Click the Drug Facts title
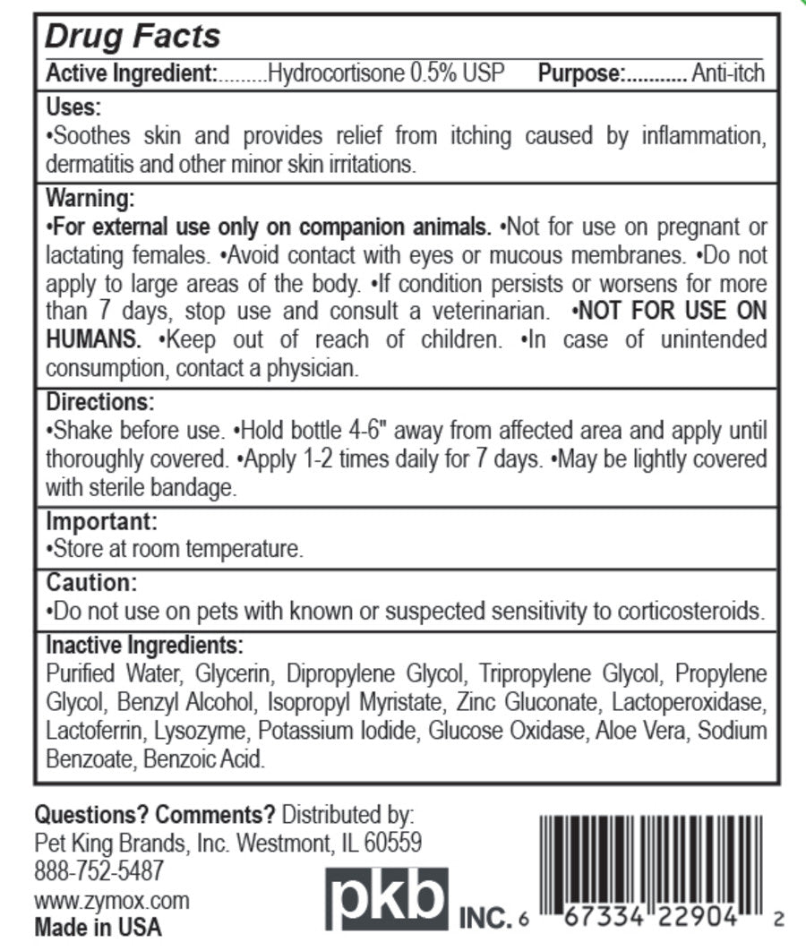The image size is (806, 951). coord(133,38)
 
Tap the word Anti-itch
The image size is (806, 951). coord(728,73)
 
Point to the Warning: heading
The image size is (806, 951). coord(90,196)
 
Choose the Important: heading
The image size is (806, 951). coord(101,519)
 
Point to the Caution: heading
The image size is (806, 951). coord(90,583)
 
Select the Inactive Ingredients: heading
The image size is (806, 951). coord(143,645)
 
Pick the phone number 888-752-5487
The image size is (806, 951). coord(99,870)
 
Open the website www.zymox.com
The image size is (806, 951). coord(111,899)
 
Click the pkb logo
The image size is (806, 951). coord(386,900)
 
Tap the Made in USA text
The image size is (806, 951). coord(99,927)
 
